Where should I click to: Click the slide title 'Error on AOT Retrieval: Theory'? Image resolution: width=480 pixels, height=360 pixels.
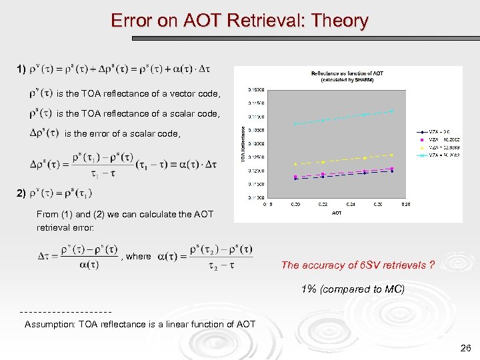tap(239, 20)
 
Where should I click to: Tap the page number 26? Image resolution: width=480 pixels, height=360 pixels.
tap(465, 348)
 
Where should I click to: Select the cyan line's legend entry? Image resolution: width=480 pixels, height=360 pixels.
tap(439, 155)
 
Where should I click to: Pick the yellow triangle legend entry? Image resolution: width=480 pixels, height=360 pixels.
tap(439, 147)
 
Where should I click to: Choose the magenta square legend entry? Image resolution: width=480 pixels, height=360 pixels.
tap(439, 139)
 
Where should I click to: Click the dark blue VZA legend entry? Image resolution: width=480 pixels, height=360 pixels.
tap(439, 131)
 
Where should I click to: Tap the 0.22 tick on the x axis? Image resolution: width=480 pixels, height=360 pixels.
tap(324, 204)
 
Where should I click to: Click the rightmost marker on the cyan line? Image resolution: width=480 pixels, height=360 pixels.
tap(392, 111)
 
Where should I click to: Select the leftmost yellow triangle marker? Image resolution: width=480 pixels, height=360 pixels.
tap(295, 163)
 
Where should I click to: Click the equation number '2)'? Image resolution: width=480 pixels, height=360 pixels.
tap(21, 193)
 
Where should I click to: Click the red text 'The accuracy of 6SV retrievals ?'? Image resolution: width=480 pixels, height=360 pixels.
tap(358, 265)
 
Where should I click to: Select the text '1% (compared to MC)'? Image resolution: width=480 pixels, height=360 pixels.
tap(353, 289)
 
